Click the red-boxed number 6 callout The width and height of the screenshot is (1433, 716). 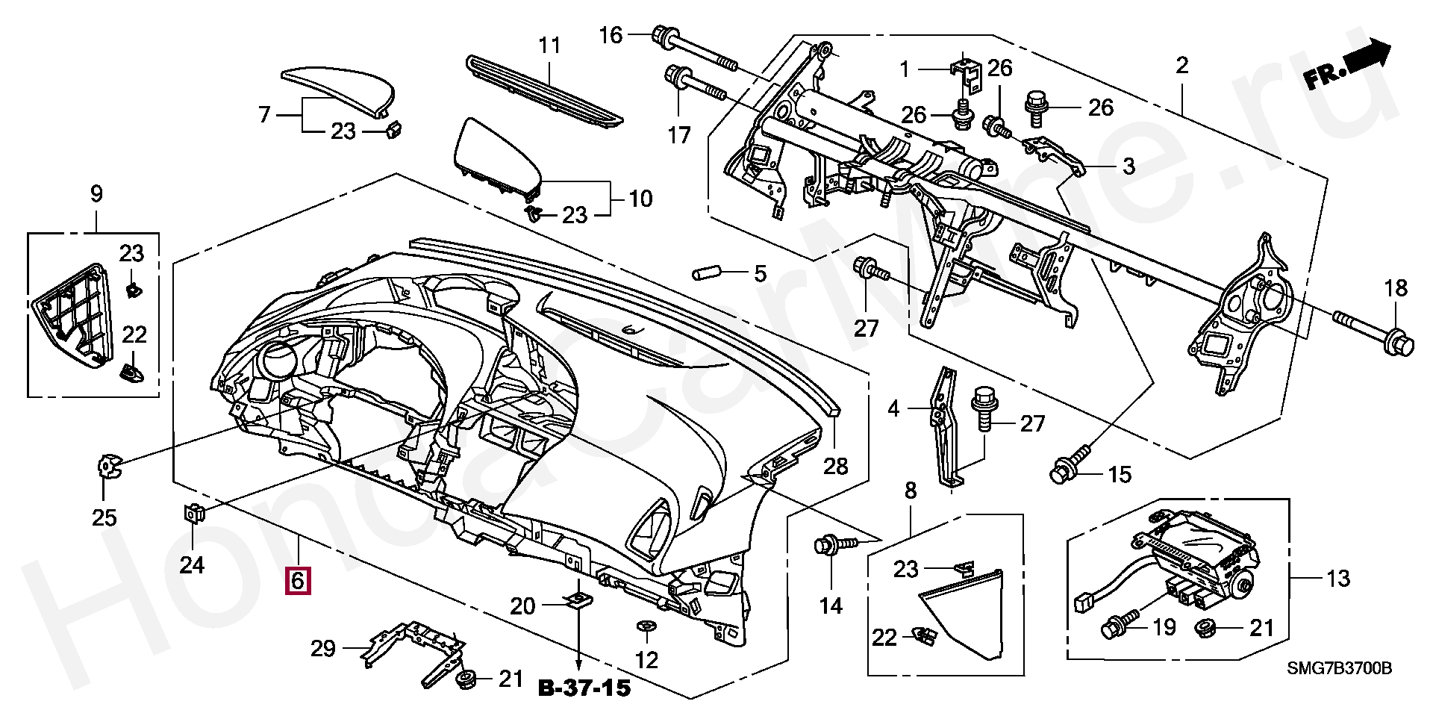(x=298, y=580)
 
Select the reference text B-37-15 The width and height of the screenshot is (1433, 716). (x=584, y=688)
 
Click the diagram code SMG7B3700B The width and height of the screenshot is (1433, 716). (x=1339, y=668)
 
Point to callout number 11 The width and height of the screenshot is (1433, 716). (x=549, y=46)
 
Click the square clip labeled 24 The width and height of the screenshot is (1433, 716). (x=193, y=512)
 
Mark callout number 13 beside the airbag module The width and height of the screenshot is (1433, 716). (x=1339, y=579)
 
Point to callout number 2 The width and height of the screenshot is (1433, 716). (x=1181, y=66)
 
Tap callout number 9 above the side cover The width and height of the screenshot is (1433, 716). (x=96, y=195)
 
